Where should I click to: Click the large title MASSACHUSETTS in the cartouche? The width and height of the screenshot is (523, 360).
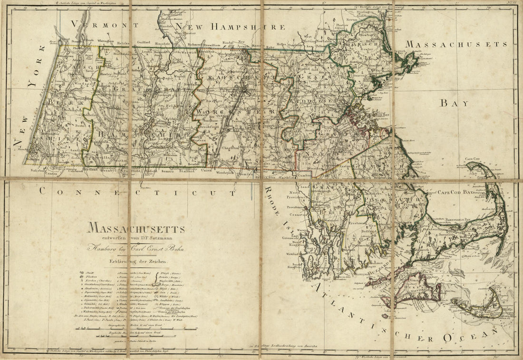click(136, 229)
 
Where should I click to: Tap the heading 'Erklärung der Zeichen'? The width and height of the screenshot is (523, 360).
click(136, 261)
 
